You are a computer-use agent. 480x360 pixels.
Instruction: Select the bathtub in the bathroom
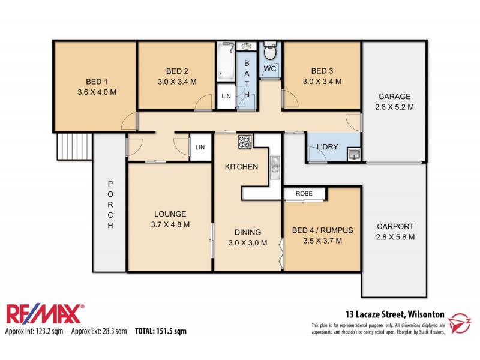226,61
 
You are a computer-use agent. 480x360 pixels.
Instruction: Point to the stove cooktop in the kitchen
245,142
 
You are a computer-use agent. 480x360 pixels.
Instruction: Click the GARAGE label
394,97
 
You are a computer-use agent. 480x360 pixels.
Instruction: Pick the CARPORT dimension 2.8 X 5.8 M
395,236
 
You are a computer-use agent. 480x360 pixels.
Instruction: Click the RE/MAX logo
45,314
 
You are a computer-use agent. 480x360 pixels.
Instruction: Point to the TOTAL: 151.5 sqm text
161,331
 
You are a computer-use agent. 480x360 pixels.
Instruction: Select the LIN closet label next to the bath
226,97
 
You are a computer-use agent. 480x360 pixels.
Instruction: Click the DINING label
247,232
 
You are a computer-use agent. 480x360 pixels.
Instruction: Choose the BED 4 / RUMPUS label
322,230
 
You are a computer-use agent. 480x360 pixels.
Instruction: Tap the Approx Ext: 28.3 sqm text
99,331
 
